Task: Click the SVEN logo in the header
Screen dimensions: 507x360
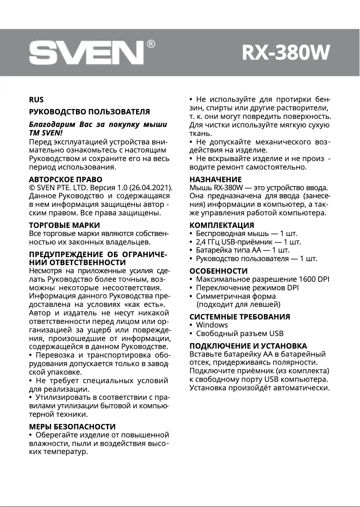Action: click(x=86, y=53)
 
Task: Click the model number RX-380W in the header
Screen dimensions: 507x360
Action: click(x=285, y=52)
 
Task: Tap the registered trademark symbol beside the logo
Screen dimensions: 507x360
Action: click(x=151, y=44)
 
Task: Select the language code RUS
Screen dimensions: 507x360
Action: click(x=36, y=100)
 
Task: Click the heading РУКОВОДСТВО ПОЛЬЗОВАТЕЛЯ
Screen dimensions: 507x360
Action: click(x=89, y=112)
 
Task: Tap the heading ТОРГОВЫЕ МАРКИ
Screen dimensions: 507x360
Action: click(x=64, y=225)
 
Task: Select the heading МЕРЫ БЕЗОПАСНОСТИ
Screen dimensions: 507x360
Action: click(x=72, y=426)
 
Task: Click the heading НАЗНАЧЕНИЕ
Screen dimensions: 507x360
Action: click(x=215, y=179)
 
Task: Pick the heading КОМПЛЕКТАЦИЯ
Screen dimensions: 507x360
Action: click(x=222, y=225)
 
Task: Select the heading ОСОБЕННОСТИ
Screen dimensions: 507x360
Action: click(x=219, y=271)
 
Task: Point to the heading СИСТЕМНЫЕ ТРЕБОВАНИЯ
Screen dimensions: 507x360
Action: click(x=240, y=316)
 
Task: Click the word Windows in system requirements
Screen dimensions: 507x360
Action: click(x=212, y=325)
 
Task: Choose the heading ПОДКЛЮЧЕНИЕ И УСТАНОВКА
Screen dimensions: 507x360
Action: click(x=248, y=346)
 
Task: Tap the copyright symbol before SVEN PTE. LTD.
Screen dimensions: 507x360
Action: click(x=31, y=188)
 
